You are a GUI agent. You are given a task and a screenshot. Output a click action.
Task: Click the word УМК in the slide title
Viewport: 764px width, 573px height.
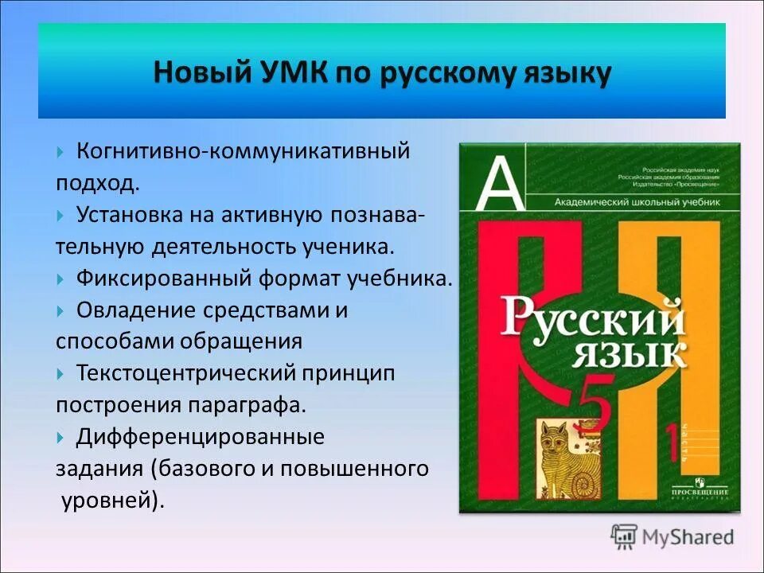coord(288,73)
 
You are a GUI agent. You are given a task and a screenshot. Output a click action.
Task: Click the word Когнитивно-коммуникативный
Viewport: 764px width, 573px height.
coord(243,150)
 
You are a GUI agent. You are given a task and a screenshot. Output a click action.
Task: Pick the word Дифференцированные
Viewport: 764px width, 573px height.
coord(200,436)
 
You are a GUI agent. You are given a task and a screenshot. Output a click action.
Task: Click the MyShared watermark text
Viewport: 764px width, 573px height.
coord(689,537)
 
